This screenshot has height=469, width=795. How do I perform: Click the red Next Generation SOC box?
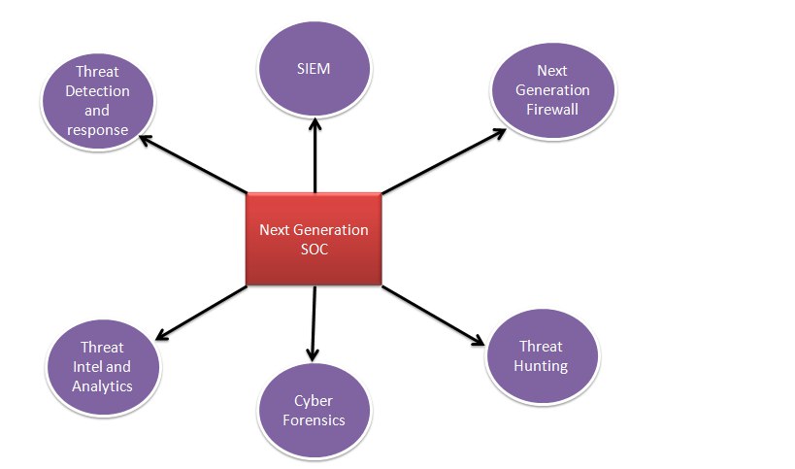pos(314,239)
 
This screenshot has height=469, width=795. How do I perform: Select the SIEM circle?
pos(315,68)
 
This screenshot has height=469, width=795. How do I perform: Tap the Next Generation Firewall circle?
pos(552,90)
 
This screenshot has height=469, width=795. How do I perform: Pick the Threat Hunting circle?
pos(542,356)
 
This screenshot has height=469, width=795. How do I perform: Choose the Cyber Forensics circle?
pos(315,411)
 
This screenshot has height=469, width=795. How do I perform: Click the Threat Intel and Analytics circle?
pos(103,367)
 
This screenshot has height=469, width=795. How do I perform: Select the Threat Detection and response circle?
pos(98,101)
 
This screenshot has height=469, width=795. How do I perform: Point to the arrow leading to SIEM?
pos(315,155)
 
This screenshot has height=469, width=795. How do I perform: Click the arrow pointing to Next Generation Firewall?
pos(444,161)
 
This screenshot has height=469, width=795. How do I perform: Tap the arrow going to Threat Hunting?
pos(433,316)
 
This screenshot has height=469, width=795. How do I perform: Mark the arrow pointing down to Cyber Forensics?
pos(314,323)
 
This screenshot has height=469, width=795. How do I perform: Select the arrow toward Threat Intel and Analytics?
pos(201,313)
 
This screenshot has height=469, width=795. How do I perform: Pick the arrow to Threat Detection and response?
pos(193,164)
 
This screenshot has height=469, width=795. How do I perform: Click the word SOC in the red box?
pos(315,250)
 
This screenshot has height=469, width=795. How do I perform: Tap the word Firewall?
pos(552,110)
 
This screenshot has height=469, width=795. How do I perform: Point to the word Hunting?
pos(541,366)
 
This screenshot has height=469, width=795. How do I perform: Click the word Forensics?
pos(314,420)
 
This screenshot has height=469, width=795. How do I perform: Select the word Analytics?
pos(102,386)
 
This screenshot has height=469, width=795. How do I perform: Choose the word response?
pos(97,130)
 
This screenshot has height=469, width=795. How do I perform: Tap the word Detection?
pos(97,91)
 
